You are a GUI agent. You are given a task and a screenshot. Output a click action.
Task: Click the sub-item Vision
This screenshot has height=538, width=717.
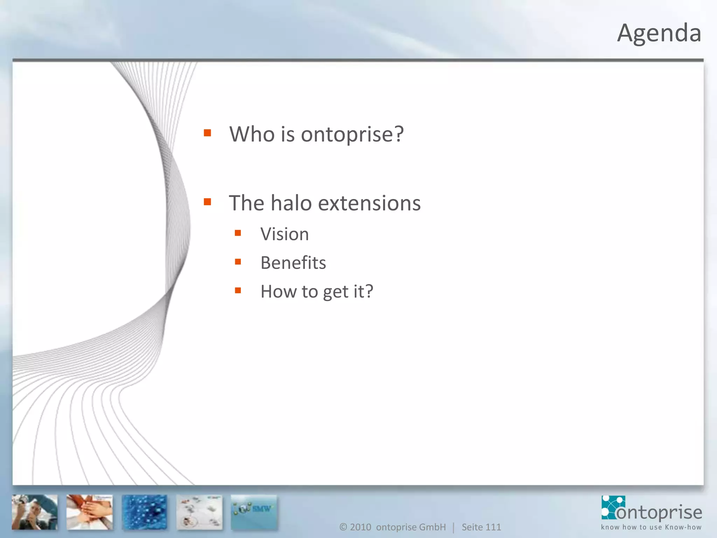tap(285, 234)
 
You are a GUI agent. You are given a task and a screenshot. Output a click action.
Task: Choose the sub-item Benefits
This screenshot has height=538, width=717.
tap(293, 263)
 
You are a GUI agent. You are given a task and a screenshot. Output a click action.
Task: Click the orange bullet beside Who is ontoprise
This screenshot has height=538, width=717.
tap(207, 133)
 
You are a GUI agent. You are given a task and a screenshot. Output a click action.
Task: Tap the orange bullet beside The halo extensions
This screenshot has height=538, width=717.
tap(207, 202)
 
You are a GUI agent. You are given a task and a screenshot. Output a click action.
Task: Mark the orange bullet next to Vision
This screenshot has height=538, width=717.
tap(238, 233)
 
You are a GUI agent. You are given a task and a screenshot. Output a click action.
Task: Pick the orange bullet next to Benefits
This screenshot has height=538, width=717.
tap(238, 262)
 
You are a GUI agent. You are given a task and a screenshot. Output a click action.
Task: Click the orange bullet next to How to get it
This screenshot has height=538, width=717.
tap(238, 290)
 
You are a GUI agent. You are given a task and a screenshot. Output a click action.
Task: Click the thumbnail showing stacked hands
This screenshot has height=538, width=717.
tap(90, 512)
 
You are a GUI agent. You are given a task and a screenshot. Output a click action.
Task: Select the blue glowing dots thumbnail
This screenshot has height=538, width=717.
tap(145, 512)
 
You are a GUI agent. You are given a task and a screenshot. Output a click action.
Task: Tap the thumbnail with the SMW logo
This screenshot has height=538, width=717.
tap(254, 512)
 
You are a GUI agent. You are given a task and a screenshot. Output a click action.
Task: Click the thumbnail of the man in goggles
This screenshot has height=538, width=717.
tap(35, 512)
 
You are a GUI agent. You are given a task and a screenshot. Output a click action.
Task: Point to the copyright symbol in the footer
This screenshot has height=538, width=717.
tap(343, 527)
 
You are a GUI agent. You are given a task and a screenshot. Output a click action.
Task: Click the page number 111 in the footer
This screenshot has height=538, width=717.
tap(493, 527)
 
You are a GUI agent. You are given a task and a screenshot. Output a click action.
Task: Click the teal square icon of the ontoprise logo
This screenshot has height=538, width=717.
tap(613, 507)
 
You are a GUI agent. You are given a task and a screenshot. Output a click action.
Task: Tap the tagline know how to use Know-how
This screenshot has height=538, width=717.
tap(651, 527)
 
